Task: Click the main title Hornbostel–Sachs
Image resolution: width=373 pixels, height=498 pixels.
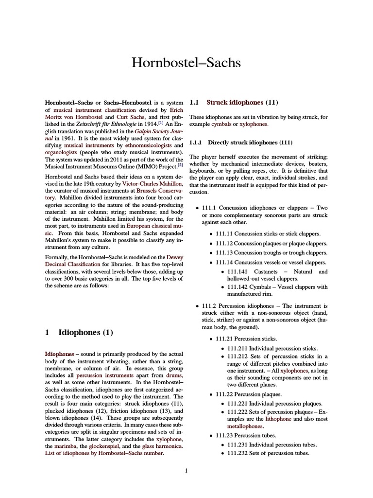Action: (186, 63)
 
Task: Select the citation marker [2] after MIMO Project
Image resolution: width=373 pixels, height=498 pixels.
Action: (180, 164)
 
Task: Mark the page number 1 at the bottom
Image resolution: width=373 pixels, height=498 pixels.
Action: (186, 470)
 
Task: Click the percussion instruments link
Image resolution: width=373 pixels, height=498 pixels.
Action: (102, 376)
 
